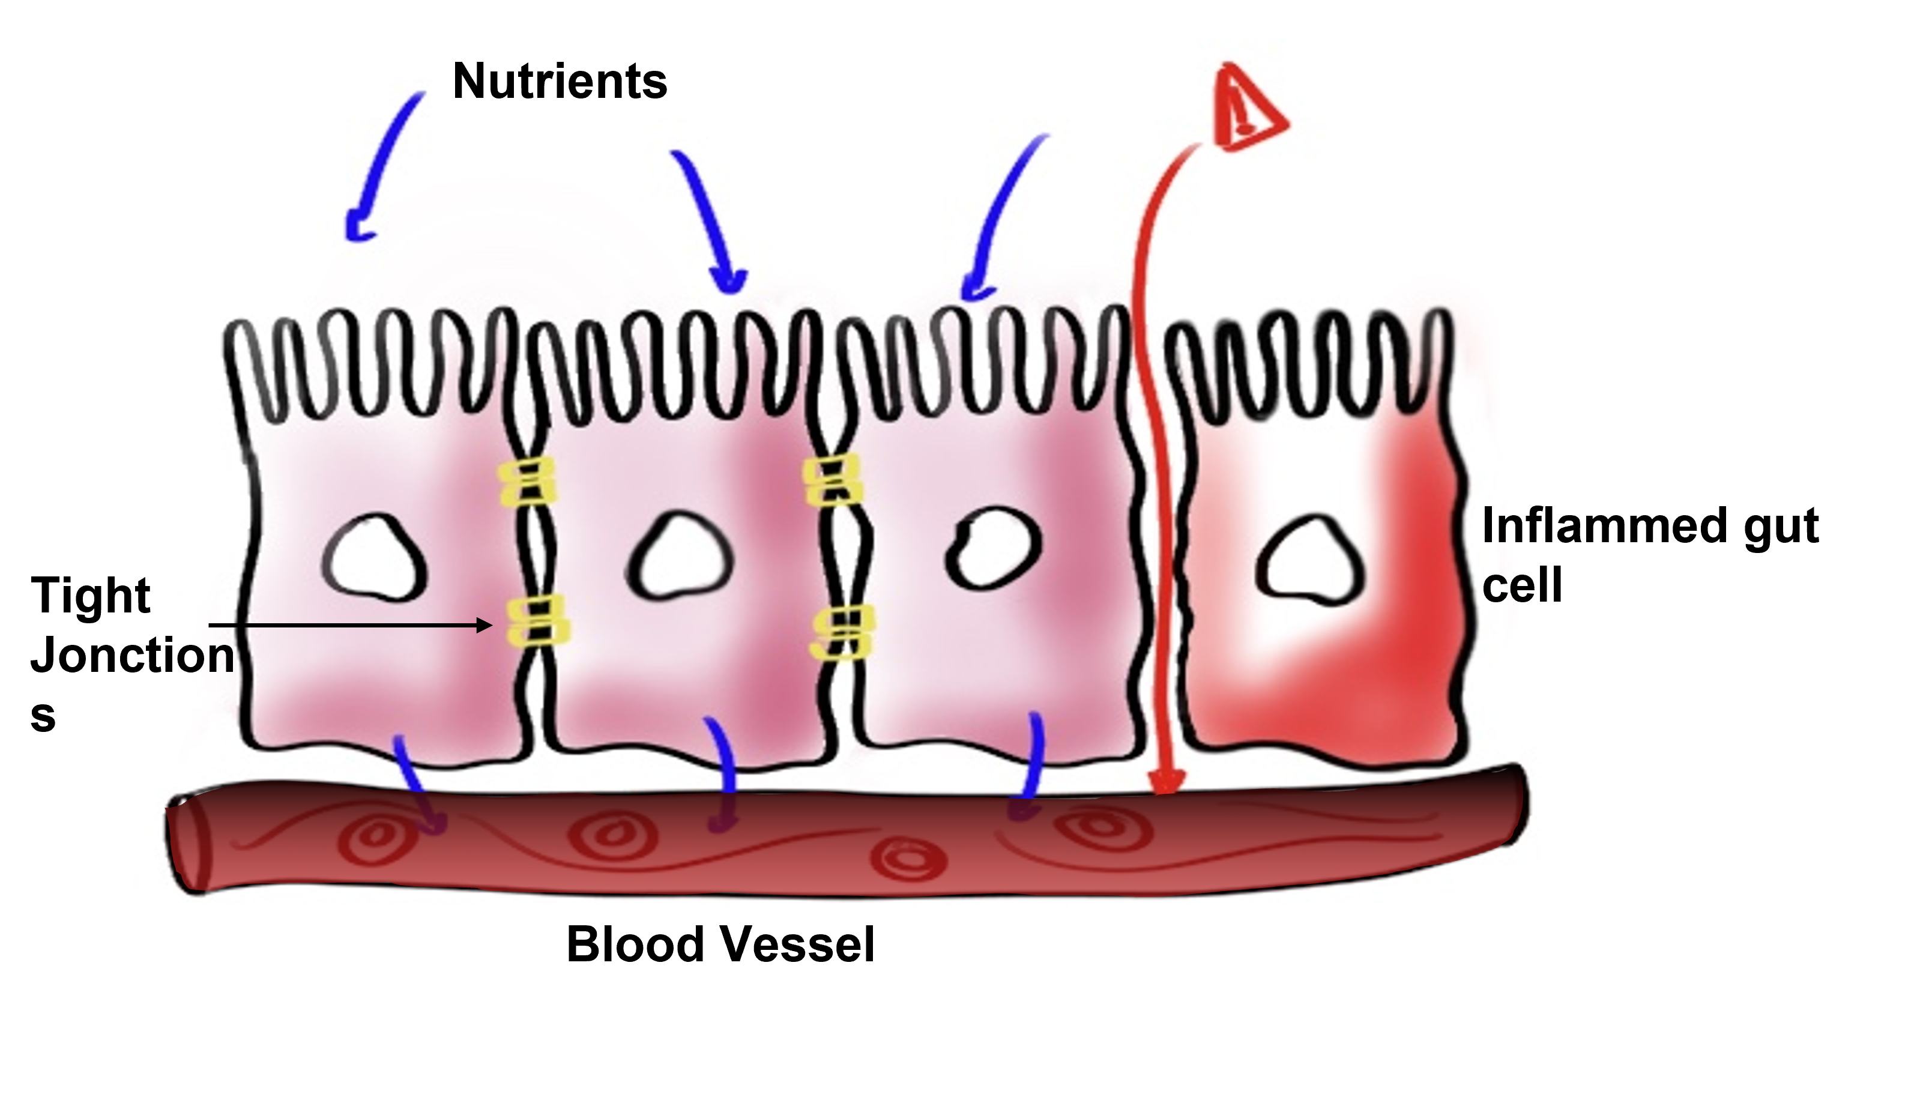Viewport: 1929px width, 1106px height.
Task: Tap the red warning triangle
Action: (1248, 108)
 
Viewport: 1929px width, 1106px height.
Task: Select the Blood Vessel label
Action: (720, 945)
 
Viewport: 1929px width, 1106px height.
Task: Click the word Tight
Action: (91, 596)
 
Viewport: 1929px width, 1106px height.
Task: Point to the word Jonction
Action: (132, 656)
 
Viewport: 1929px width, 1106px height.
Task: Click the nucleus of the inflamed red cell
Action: (1310, 561)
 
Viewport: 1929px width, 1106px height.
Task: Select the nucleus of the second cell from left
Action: (680, 555)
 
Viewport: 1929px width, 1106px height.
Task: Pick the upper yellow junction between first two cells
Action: (527, 482)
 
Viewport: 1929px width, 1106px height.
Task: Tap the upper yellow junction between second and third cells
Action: (832, 479)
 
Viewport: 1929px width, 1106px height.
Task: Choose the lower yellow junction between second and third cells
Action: (843, 633)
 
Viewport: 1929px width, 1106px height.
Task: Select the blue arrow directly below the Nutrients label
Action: (709, 220)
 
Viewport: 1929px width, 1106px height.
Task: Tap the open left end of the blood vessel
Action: (190, 843)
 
